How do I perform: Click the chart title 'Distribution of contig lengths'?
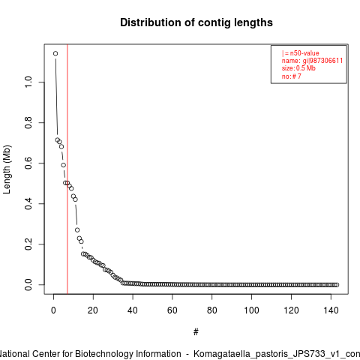tap(196, 22)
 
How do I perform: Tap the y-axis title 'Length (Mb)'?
tap(7, 169)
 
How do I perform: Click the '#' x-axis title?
tap(196, 332)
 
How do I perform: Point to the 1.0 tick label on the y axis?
tap(28, 82)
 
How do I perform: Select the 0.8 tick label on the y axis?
tap(28, 122)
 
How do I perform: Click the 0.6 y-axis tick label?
tap(28, 163)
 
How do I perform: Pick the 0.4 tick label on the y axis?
tap(28, 203)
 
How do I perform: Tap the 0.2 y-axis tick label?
tap(28, 244)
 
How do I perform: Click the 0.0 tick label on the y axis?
tap(28, 285)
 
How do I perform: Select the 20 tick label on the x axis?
tap(93, 310)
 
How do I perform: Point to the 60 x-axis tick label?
tap(172, 310)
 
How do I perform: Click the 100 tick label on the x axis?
tap(251, 310)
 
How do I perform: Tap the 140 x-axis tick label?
tap(331, 310)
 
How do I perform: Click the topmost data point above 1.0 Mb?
tap(55, 53)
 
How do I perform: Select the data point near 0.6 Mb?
tap(64, 165)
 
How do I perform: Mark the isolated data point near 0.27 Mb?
tap(77, 229)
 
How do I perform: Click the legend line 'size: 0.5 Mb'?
tap(298, 68)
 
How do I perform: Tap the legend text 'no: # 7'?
tap(292, 76)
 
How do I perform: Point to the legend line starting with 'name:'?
tap(312, 61)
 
